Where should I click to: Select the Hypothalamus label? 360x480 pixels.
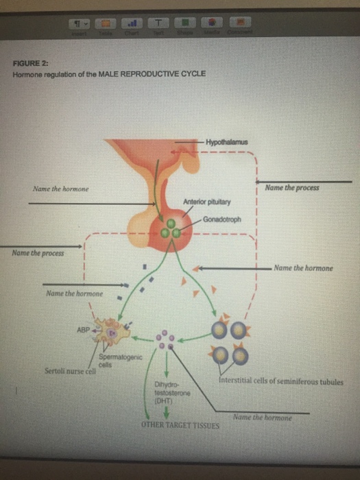click(226, 142)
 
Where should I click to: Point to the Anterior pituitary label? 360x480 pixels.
click(208, 202)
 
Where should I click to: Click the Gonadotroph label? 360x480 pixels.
click(221, 219)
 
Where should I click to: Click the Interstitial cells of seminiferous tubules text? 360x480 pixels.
click(282, 382)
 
